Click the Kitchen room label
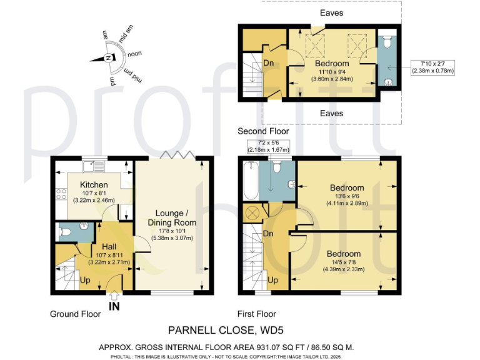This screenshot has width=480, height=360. click(x=93, y=185)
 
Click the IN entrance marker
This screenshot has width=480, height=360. click(x=114, y=306)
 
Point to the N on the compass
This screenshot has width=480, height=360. click(x=109, y=58)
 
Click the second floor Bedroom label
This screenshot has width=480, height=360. click(x=332, y=64)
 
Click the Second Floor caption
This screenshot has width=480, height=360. click(x=263, y=131)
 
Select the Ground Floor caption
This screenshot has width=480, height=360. click(x=76, y=314)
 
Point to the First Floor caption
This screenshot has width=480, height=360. click(x=257, y=314)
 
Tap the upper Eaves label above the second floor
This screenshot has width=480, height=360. click(x=331, y=12)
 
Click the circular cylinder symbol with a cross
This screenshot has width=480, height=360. click(x=253, y=213)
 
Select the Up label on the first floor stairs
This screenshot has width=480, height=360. click(x=272, y=281)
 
